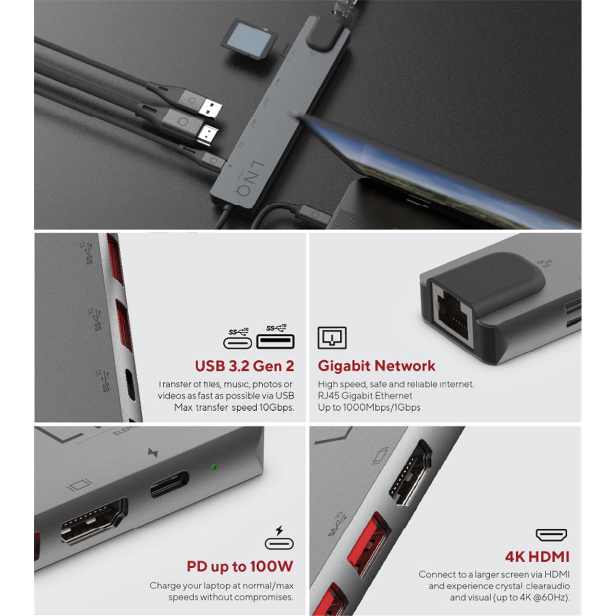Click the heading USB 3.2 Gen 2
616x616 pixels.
(x=244, y=366)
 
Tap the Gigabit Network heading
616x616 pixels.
(x=376, y=366)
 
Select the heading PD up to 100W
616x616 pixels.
(x=240, y=566)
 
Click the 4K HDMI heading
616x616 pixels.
(x=537, y=557)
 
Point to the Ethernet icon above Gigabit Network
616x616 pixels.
(x=332, y=338)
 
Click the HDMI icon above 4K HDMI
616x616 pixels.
(x=551, y=535)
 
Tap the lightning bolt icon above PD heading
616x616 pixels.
(x=279, y=530)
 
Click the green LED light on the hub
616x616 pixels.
(x=214, y=467)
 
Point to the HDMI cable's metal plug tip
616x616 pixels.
(x=207, y=134)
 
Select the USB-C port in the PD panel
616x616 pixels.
(x=170, y=484)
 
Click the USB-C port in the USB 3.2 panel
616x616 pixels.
(x=131, y=385)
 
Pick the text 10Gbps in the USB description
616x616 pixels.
(x=276, y=408)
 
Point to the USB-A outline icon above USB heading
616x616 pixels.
(x=275, y=341)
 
